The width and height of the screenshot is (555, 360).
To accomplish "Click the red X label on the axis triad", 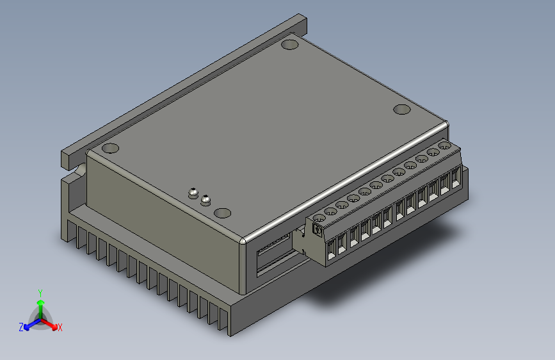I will (60, 327).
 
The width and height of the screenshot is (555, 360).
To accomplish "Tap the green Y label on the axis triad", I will (40, 292).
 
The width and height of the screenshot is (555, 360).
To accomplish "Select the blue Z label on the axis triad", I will (21, 327).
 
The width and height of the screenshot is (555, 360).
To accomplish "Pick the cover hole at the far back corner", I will (290, 44).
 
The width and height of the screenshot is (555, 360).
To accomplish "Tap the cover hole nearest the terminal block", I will (401, 110).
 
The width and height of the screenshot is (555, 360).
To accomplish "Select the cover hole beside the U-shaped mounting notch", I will (110, 148).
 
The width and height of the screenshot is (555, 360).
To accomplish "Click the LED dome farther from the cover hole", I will (192, 192).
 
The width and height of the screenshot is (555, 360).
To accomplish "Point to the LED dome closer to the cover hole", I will (205, 199).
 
